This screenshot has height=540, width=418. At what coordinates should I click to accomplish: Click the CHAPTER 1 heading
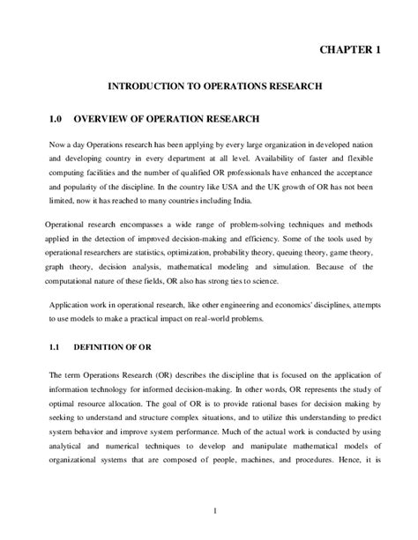point(349,50)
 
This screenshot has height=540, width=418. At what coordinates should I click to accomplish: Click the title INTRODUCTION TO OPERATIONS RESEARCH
point(215,87)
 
